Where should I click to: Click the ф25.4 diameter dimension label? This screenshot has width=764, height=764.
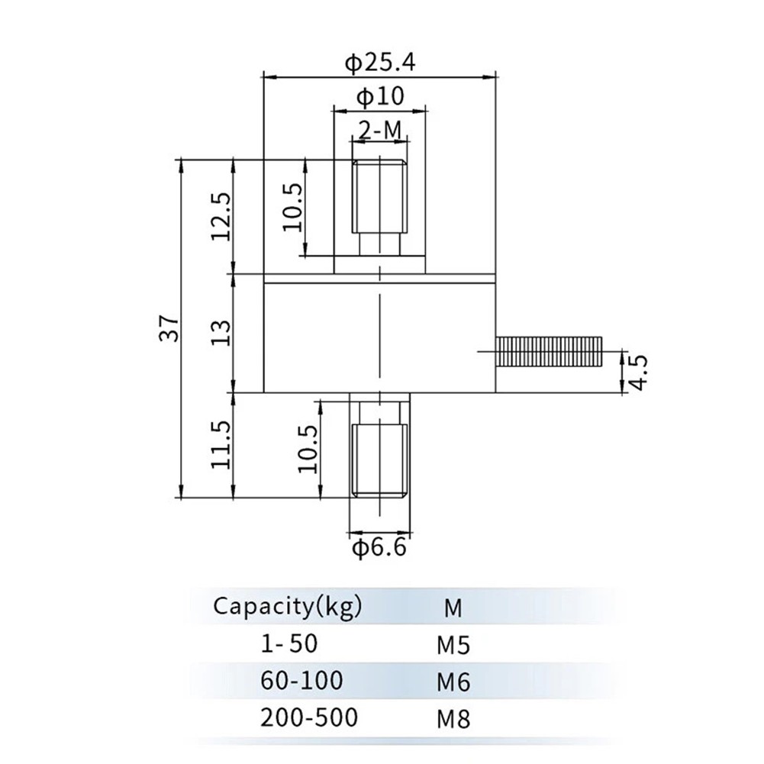pos(379,63)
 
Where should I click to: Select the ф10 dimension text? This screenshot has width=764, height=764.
pos(379,97)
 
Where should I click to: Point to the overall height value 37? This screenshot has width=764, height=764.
pos(171,327)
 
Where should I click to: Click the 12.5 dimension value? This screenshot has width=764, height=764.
pos(221,216)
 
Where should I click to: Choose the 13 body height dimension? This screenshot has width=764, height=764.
pos(221,333)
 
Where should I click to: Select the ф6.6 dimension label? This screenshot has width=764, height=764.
pos(379,547)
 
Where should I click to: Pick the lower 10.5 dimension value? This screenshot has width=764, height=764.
pos(308,450)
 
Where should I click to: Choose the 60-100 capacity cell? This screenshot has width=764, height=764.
pos(301,680)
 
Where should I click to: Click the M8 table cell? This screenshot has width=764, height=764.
pos(453,718)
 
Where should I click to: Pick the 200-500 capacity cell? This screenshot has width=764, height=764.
pos(308,717)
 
